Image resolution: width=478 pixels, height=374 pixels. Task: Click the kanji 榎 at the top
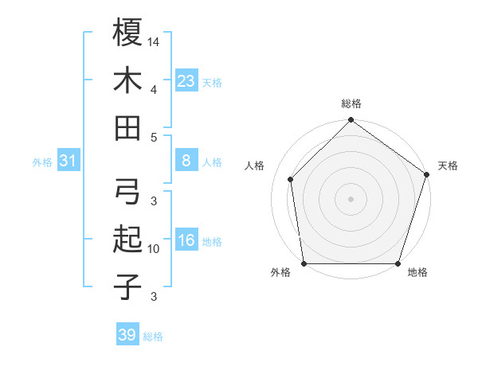pyautogui.click(x=127, y=33)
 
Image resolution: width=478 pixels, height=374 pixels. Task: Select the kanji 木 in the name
pyautogui.click(x=127, y=80)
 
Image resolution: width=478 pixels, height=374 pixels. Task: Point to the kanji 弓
pyautogui.click(x=127, y=192)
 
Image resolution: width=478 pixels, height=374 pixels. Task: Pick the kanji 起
pyautogui.click(x=127, y=240)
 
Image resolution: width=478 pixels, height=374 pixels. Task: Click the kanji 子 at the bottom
pyautogui.click(x=127, y=286)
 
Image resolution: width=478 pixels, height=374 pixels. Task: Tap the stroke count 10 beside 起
pyautogui.click(x=155, y=249)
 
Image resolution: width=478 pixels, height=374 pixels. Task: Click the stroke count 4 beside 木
pyautogui.click(x=154, y=89)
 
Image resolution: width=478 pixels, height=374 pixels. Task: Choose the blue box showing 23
pyautogui.click(x=186, y=80)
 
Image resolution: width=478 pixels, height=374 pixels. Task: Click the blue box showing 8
pyautogui.click(x=186, y=161)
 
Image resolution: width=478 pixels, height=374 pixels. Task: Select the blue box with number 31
pyautogui.click(x=69, y=162)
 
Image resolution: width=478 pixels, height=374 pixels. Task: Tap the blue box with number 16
pyautogui.click(x=186, y=241)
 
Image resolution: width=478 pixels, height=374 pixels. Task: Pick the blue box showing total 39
pyautogui.click(x=127, y=335)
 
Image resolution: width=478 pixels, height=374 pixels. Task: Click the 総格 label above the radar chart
pyautogui.click(x=351, y=104)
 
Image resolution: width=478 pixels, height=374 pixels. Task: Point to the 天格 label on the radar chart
pyautogui.click(x=448, y=166)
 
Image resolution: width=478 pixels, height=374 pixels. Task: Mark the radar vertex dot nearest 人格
pyautogui.click(x=291, y=179)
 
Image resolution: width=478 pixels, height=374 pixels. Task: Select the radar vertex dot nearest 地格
pyautogui.click(x=398, y=263)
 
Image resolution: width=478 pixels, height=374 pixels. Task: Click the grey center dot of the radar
pyautogui.click(x=351, y=198)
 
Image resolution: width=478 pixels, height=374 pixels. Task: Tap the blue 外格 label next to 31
pyautogui.click(x=42, y=162)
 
